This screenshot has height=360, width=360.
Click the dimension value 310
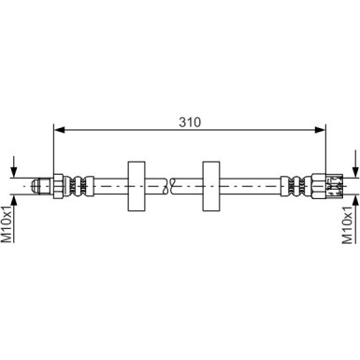pyautogui.click(x=192, y=122)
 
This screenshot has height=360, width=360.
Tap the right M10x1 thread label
pyautogui.click(x=350, y=223)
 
